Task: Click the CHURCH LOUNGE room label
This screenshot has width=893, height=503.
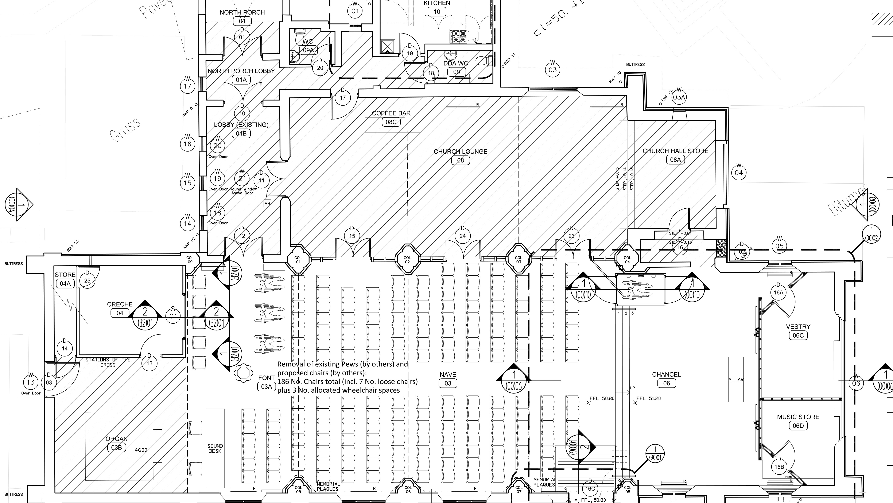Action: point(460,151)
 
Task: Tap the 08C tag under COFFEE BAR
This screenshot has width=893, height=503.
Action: point(391,122)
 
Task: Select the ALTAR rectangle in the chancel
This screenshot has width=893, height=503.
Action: point(736,379)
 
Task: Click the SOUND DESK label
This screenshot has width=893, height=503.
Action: point(215,448)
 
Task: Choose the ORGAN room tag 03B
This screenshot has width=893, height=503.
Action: point(116,447)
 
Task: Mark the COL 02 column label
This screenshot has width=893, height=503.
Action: point(407,259)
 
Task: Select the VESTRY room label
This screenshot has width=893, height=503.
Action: point(798,326)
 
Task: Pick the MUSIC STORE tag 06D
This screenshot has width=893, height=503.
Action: point(798,426)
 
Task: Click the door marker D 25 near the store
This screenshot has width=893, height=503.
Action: point(87,278)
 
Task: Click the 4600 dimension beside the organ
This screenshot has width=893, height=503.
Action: point(141,450)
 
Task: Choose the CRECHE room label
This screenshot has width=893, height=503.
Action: point(120,304)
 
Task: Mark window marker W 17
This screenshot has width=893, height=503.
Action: point(187,84)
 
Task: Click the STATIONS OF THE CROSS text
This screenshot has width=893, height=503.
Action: point(108,362)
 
